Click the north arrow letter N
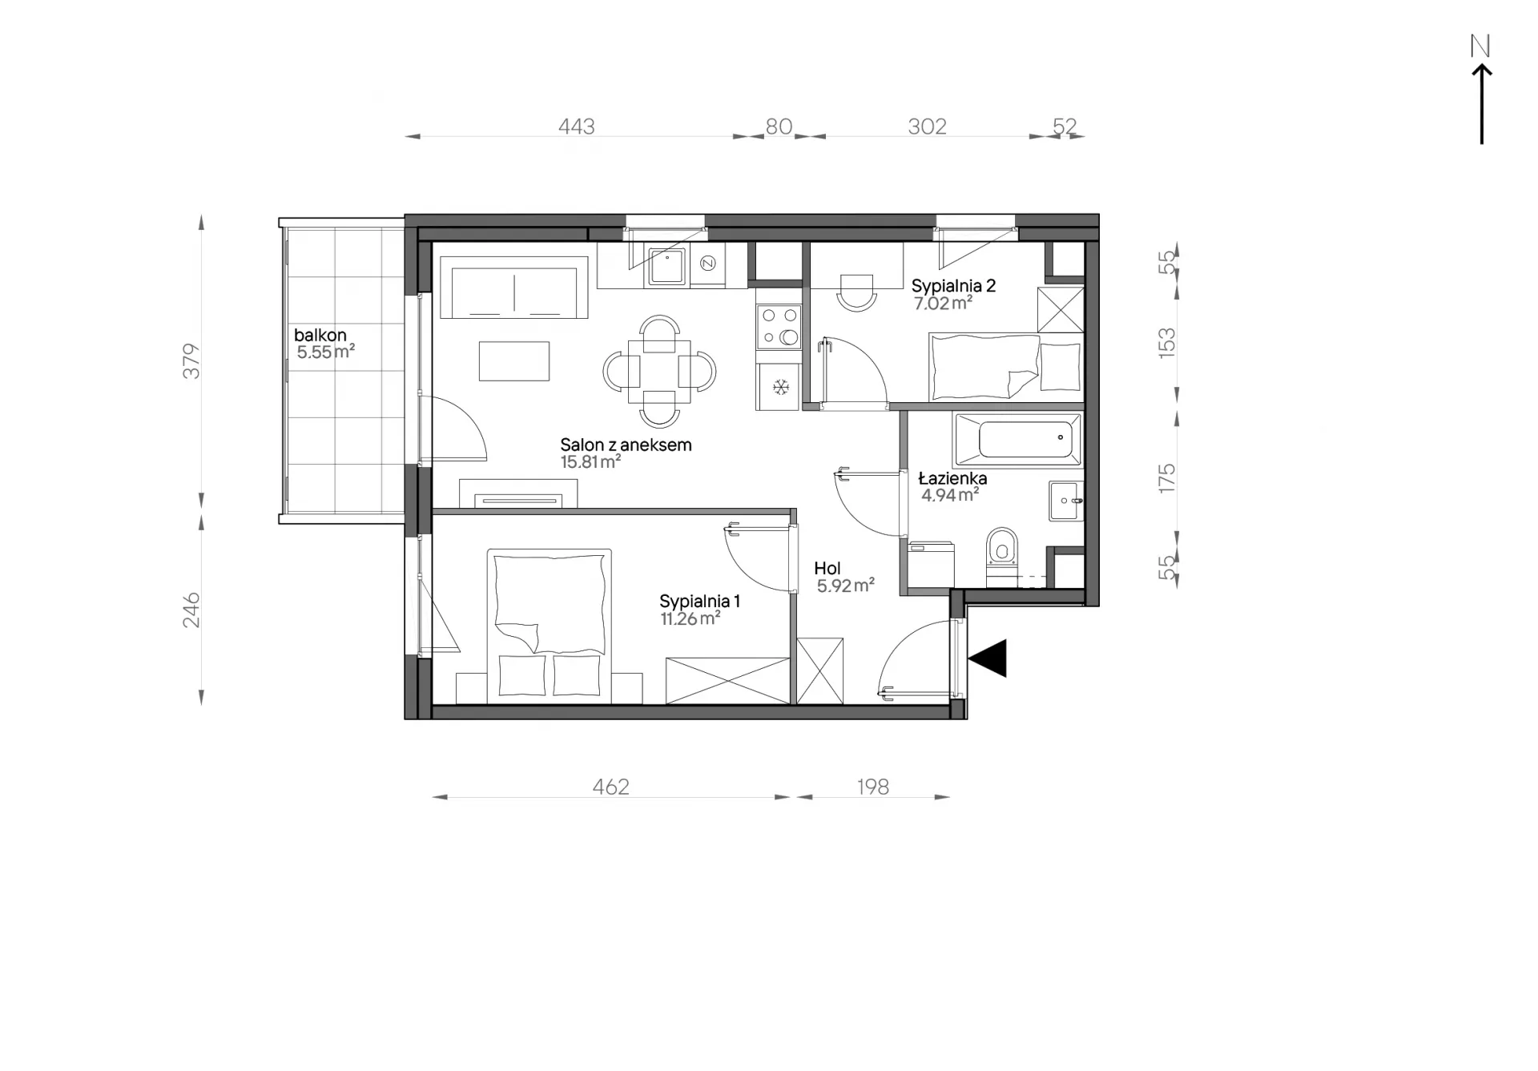[x=1480, y=46]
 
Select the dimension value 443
[x=577, y=127]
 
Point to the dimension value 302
[x=927, y=127]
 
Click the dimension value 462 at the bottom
[x=610, y=787]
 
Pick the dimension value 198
[x=872, y=787]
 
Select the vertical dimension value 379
[x=191, y=360]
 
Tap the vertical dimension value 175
[x=1166, y=478]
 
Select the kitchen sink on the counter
[x=666, y=266]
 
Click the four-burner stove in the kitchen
[x=779, y=327]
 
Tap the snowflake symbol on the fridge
[x=780, y=388]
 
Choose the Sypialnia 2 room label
[x=953, y=286]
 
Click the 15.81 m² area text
[x=591, y=462]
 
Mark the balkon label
[x=320, y=335]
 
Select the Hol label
[x=827, y=568]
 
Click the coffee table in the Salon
[x=514, y=361]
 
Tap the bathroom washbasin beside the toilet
[x=1066, y=501]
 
